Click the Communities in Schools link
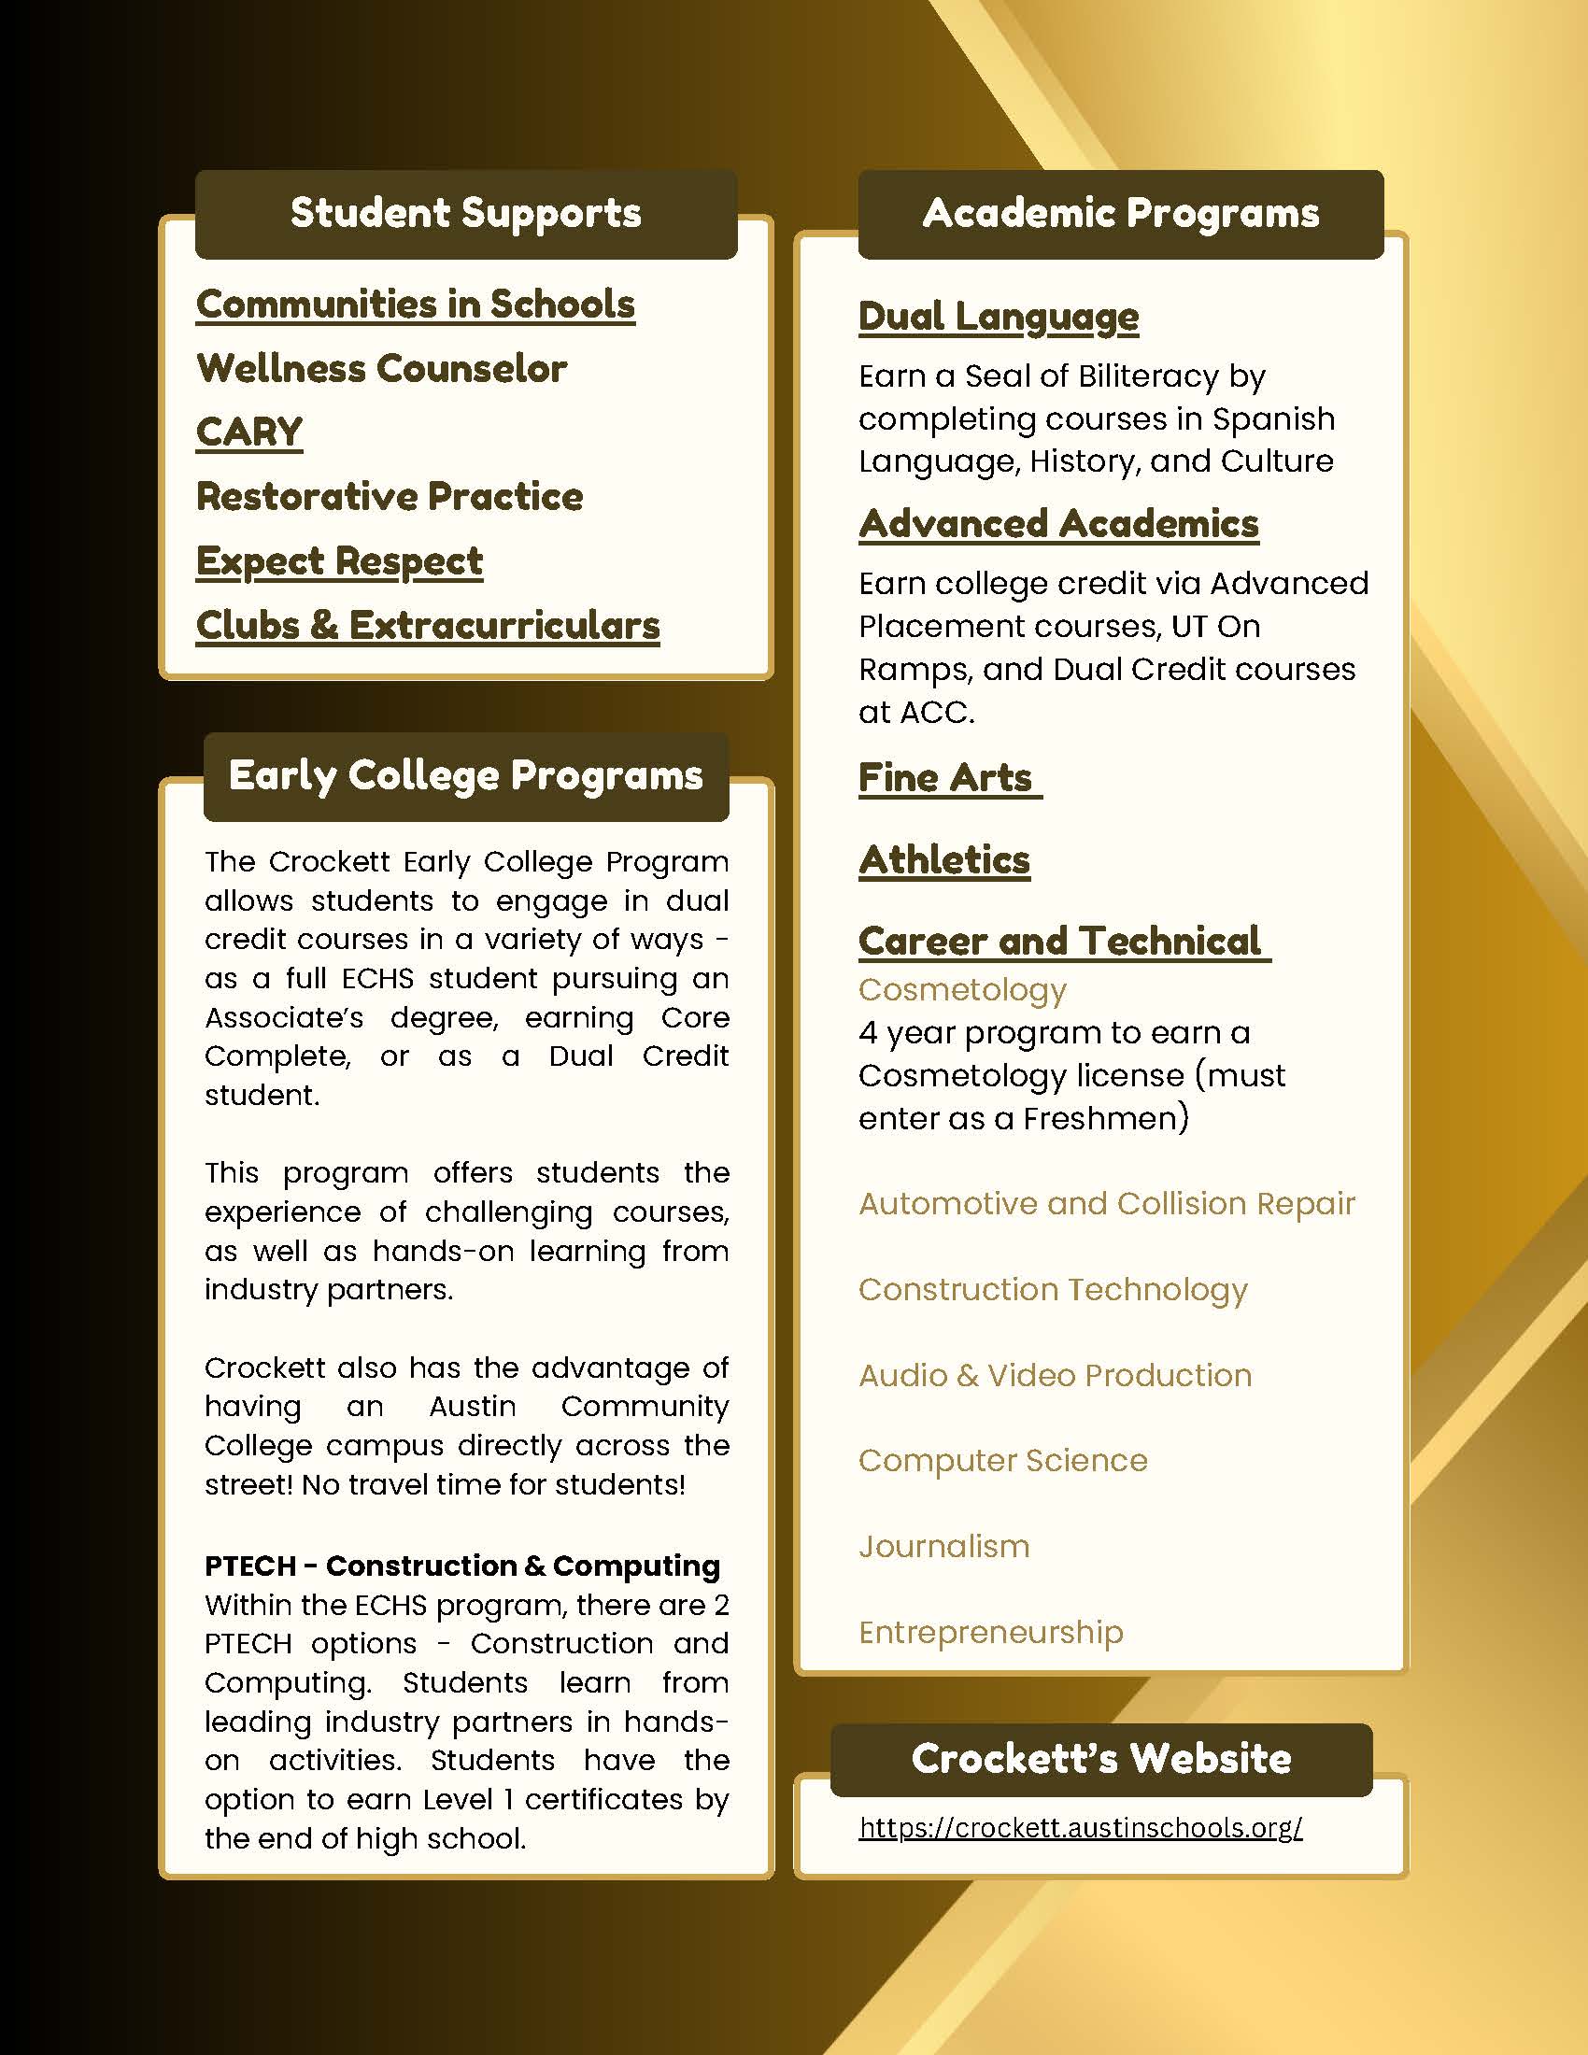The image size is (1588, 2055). (415, 305)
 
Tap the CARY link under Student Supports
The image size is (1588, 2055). (249, 432)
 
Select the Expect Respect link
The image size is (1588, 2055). (339, 561)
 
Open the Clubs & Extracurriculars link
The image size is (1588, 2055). (428, 626)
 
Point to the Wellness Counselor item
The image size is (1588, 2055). (381, 369)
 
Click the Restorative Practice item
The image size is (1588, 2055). (390, 497)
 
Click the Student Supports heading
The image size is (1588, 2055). (466, 214)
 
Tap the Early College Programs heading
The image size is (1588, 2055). (466, 776)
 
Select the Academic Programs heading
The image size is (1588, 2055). (1120, 214)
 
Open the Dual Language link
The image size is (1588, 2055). (999, 317)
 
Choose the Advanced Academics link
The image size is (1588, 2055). (1058, 524)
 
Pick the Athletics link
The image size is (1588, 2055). (944, 860)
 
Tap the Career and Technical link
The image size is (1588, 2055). (1059, 941)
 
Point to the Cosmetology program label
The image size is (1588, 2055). (962, 990)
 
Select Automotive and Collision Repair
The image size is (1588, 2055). (1106, 1203)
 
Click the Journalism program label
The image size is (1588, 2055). (943, 1546)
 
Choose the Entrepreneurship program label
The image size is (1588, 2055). (990, 1632)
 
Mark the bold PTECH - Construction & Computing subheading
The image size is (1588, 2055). (461, 1566)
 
